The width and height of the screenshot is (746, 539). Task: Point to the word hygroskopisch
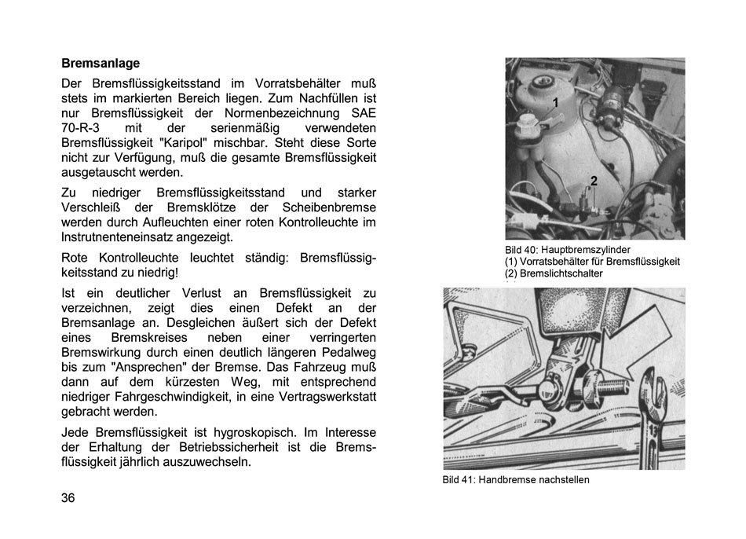262,433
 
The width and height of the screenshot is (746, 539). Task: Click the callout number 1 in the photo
556,103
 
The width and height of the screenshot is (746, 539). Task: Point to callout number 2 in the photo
594,181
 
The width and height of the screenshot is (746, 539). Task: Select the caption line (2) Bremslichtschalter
554,273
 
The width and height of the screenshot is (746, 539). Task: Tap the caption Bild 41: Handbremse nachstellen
515,480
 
